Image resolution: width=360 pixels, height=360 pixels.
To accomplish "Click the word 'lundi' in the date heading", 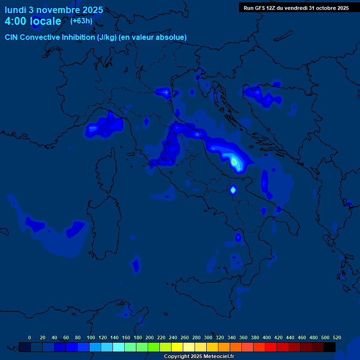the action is click(15, 10).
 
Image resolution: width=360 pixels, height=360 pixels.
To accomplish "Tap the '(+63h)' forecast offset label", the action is click(81, 21).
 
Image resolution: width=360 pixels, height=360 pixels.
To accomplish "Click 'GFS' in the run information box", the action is click(260, 8).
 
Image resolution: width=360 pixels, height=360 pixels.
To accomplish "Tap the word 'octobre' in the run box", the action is click(323, 8).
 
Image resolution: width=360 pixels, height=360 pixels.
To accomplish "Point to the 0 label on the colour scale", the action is click(30, 337).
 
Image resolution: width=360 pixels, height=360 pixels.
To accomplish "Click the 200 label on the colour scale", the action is click(150, 337).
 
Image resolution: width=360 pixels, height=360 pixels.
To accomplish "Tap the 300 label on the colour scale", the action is click(208, 337).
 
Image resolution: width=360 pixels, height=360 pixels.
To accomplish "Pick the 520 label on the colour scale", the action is click(337, 337).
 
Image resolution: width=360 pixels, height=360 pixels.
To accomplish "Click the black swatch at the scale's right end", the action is click(330, 347).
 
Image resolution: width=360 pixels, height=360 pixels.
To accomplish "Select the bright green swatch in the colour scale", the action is click(154, 347).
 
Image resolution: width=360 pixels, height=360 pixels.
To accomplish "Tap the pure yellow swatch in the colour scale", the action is click(177, 347).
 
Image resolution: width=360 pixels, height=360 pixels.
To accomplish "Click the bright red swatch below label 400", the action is click(271, 347).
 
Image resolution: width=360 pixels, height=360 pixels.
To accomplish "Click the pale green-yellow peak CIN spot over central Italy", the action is click(234, 162).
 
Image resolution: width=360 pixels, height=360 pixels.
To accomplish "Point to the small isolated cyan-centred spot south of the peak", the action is click(232, 190).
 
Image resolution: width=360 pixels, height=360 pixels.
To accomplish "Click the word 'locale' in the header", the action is click(45, 22).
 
